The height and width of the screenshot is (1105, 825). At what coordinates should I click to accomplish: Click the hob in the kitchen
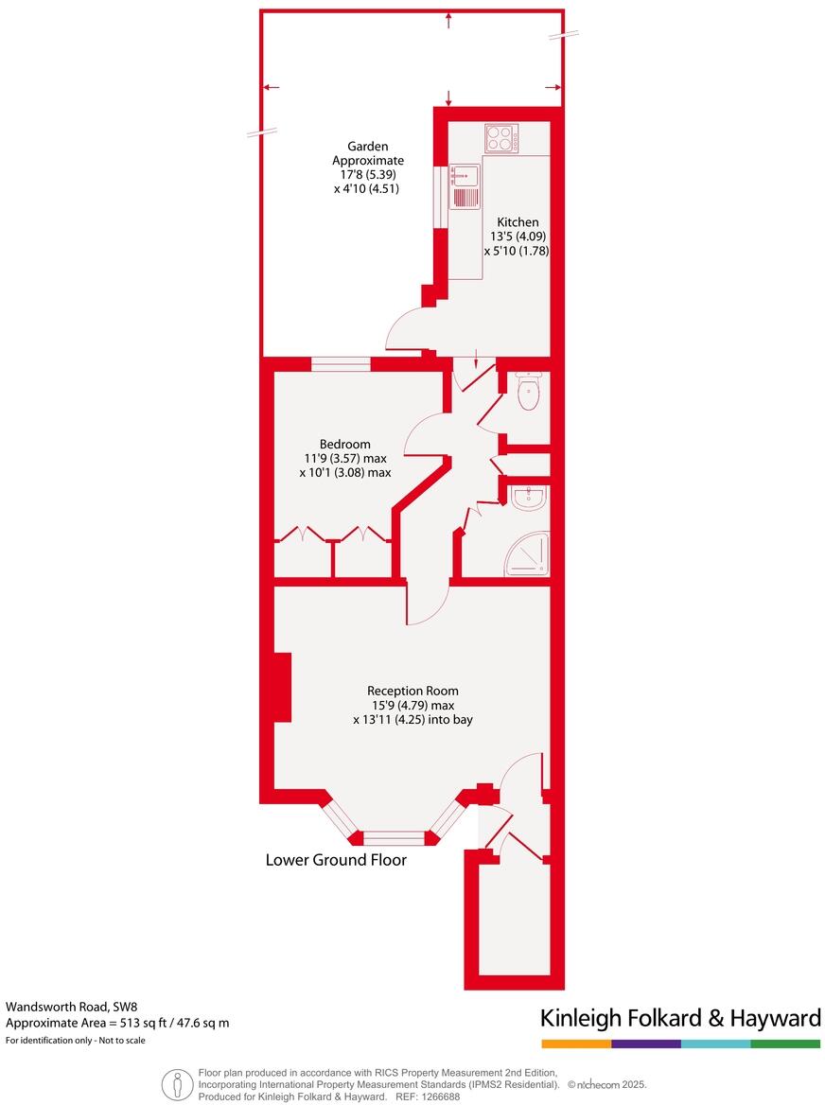tap(500, 139)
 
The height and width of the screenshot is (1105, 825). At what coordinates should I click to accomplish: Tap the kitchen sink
tap(465, 186)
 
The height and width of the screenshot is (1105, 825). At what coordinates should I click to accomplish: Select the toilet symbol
tap(528, 392)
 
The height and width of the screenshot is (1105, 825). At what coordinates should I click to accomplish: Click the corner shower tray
tap(528, 555)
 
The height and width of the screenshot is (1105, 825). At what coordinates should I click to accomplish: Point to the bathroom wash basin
tap(528, 498)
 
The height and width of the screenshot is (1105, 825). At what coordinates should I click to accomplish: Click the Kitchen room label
tap(518, 222)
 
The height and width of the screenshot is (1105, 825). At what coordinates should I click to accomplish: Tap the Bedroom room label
tap(344, 444)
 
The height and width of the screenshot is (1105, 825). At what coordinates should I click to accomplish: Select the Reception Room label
tap(412, 691)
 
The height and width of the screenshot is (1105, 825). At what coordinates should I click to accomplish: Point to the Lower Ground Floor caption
tap(336, 860)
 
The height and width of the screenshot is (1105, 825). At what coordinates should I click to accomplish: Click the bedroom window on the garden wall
tap(341, 363)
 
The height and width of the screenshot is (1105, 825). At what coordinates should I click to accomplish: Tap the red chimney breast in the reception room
tap(281, 688)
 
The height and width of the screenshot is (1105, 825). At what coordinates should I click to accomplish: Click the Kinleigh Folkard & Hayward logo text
tap(679, 1018)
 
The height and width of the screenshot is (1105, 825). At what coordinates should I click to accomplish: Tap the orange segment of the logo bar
tap(576, 1044)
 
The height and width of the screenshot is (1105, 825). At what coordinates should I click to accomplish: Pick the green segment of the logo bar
tap(785, 1044)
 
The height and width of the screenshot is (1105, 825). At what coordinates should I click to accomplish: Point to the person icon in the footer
tap(175, 1083)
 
